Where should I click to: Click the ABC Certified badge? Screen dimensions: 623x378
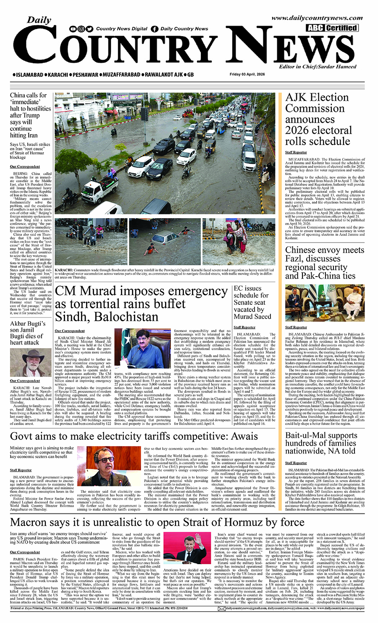click(x=332, y=28)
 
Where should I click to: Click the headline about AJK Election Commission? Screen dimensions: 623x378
click(x=318, y=119)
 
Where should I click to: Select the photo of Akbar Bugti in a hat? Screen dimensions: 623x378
click(x=31, y=363)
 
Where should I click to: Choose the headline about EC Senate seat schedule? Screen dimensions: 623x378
click(x=252, y=302)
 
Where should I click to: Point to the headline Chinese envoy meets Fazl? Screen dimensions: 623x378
click(x=324, y=263)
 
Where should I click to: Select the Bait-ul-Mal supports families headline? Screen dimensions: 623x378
click(x=321, y=443)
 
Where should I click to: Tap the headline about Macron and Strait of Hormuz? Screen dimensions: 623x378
click(x=157, y=522)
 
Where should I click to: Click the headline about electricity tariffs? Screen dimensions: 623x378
click(x=134, y=436)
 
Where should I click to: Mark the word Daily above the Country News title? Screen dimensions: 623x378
click(x=39, y=20)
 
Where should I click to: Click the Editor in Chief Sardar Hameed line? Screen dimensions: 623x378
click(x=318, y=66)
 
